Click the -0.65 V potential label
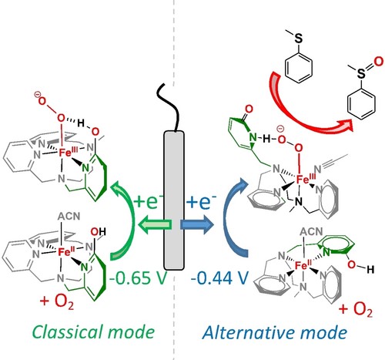coord(138,278)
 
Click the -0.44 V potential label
coord(219,278)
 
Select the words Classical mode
coord(94,332)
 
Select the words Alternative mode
coord(275,332)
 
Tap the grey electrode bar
coord(174,200)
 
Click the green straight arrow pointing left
coord(155,224)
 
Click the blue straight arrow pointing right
coord(196,224)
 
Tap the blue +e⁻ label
coord(201,202)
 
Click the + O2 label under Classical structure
coord(57,301)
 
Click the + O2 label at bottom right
coord(356,309)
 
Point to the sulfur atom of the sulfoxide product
coord(361,73)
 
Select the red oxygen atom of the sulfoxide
coord(378,62)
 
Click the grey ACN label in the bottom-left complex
coord(69,216)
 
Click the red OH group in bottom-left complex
coord(98,232)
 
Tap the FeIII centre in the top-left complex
coord(68,153)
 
